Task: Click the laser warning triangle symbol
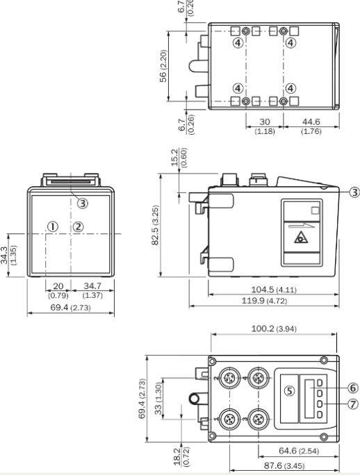point(301,237)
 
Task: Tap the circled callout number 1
point(53,226)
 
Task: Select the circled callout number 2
point(79,226)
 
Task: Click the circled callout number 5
point(290,391)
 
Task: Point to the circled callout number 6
point(353,387)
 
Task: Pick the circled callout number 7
point(353,403)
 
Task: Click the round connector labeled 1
point(229,419)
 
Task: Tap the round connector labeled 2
point(229,378)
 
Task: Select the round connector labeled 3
point(259,419)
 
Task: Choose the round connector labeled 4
point(259,378)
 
